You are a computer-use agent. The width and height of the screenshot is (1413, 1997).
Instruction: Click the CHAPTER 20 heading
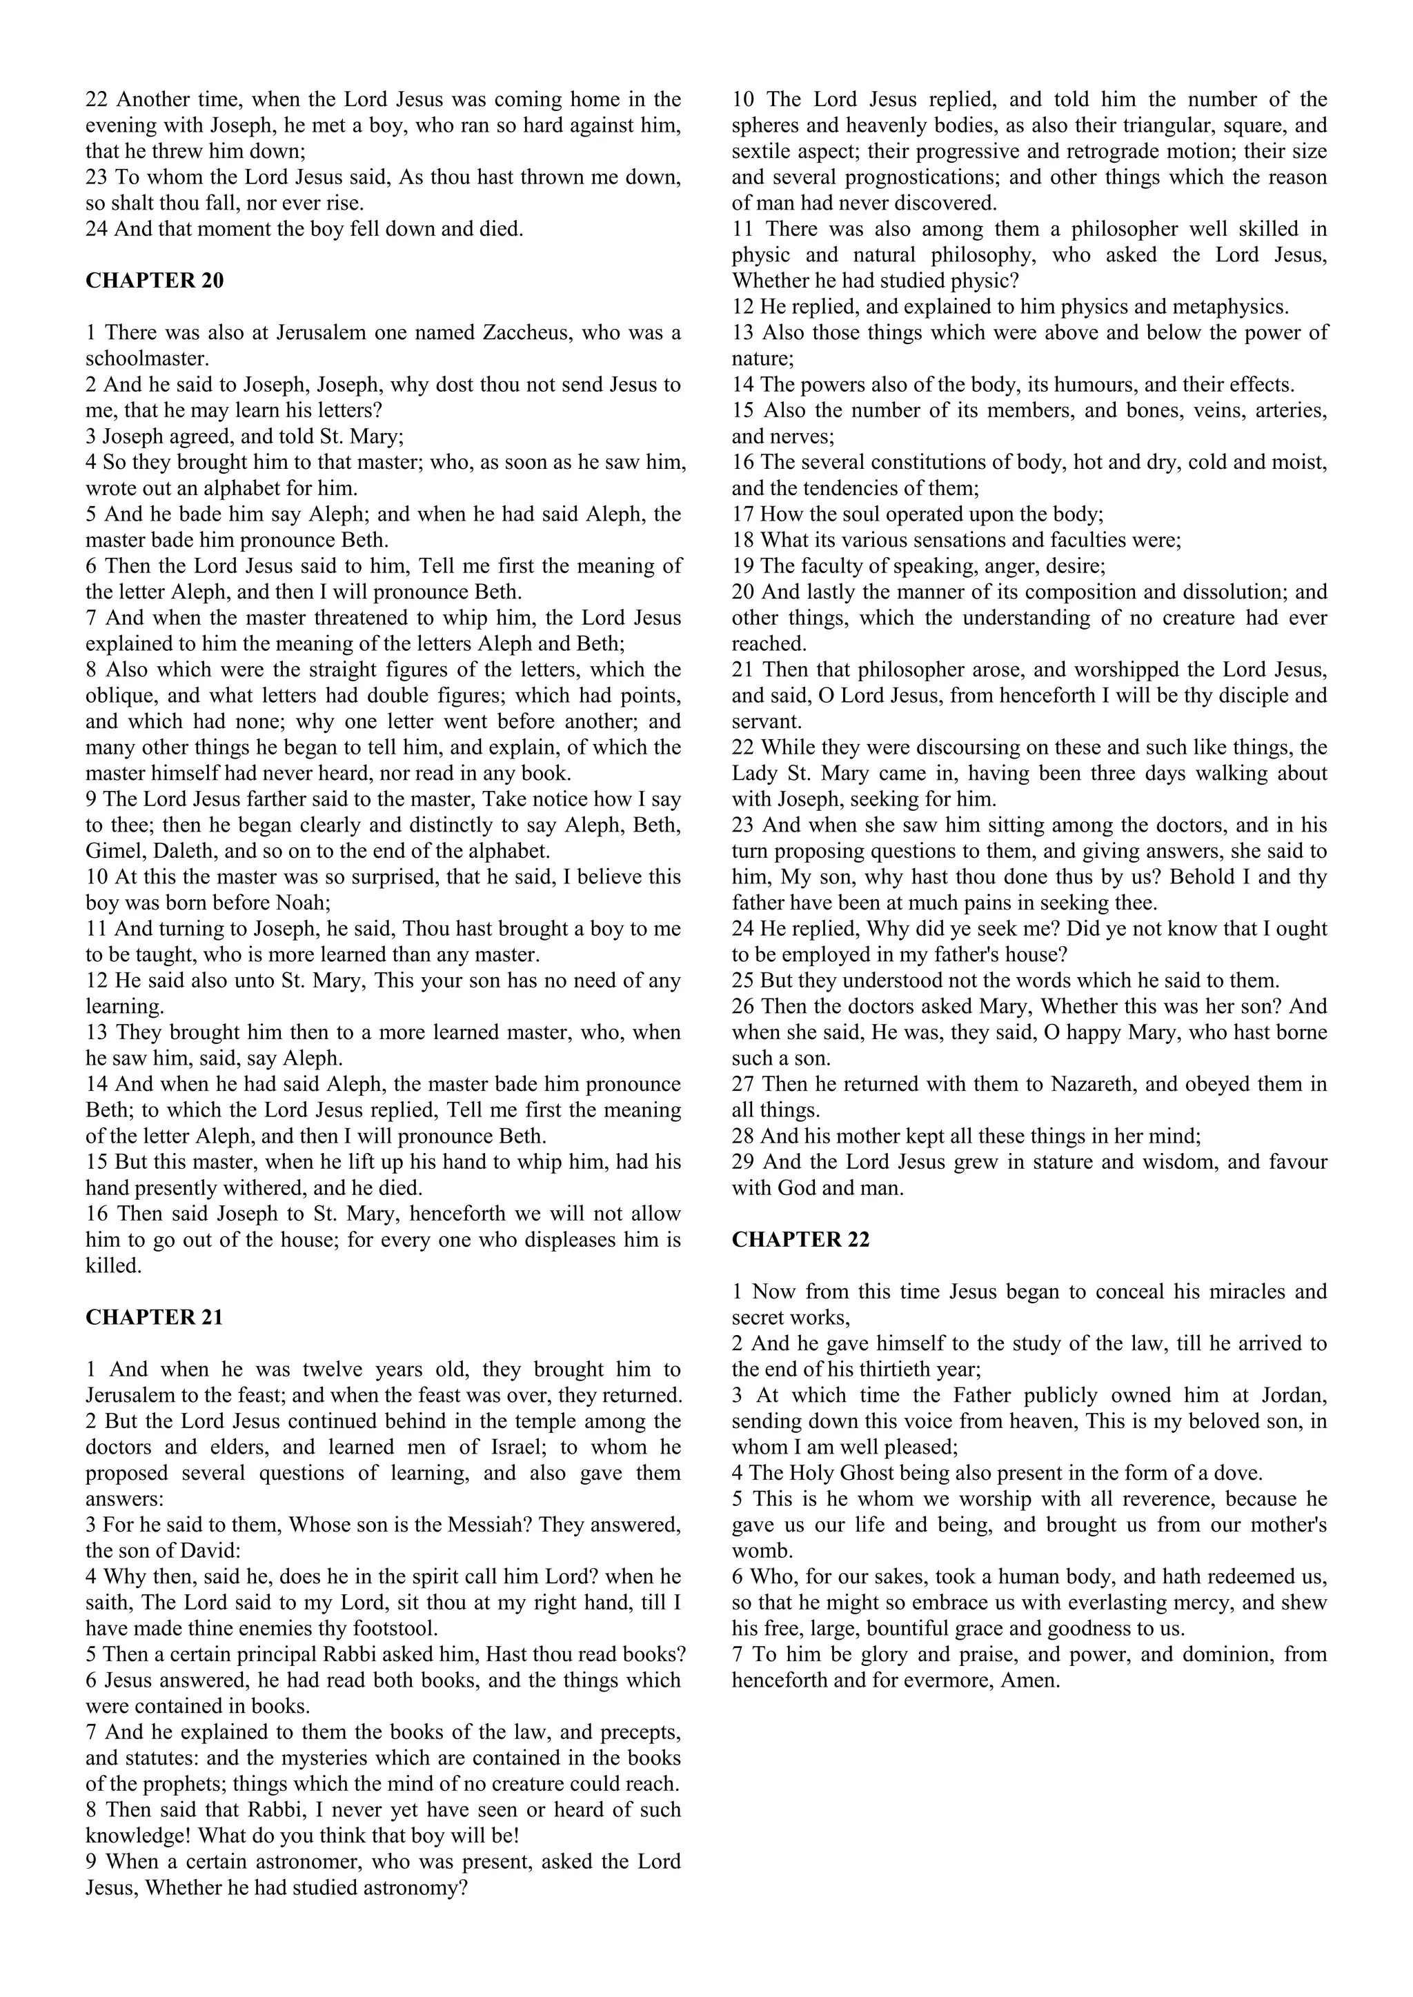(154, 281)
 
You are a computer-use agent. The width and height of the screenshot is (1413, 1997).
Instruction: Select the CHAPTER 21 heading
(154, 1318)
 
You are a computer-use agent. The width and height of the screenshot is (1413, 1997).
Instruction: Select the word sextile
(764, 151)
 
